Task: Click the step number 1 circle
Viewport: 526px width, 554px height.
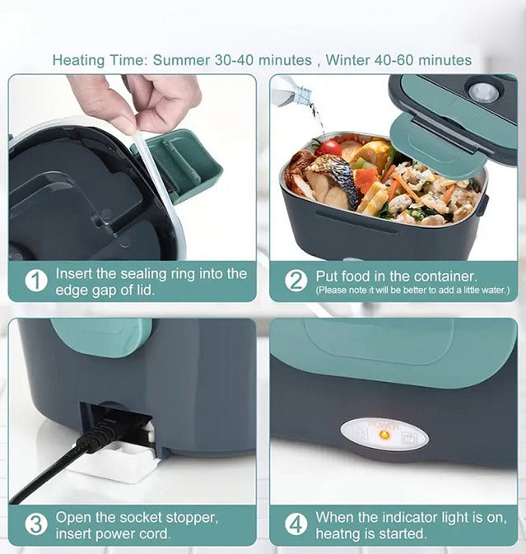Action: [35, 282]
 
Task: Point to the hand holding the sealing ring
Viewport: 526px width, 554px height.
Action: [140, 99]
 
